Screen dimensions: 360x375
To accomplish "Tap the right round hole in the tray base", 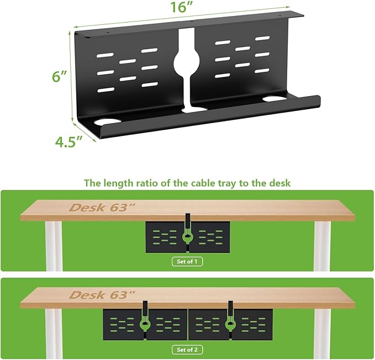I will pos(272,99).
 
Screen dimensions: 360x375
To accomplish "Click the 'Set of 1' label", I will pos(187,261).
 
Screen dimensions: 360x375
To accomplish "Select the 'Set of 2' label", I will pos(187,349).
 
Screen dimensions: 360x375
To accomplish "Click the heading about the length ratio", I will pos(187,182).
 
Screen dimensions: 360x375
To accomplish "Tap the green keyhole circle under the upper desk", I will pos(187,235).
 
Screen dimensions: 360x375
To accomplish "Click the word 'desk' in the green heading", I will pos(279,182).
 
